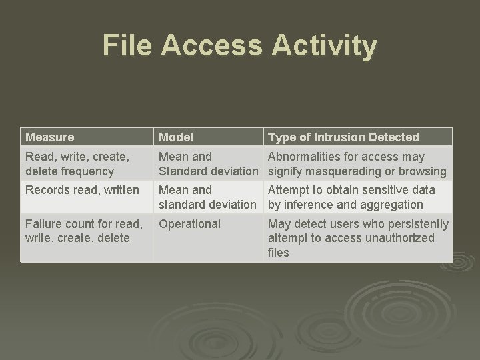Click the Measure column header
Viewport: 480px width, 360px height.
tap(49, 137)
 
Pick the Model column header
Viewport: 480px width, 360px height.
tap(176, 137)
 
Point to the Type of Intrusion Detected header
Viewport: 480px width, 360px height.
tap(343, 137)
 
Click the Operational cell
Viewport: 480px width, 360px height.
tap(190, 224)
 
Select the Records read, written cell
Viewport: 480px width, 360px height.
tap(82, 190)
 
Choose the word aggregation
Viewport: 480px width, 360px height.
tap(391, 205)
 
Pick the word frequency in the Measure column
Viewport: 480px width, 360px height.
tap(86, 171)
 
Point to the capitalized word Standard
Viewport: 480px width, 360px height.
tap(182, 171)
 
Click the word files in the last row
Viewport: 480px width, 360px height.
tap(279, 253)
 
